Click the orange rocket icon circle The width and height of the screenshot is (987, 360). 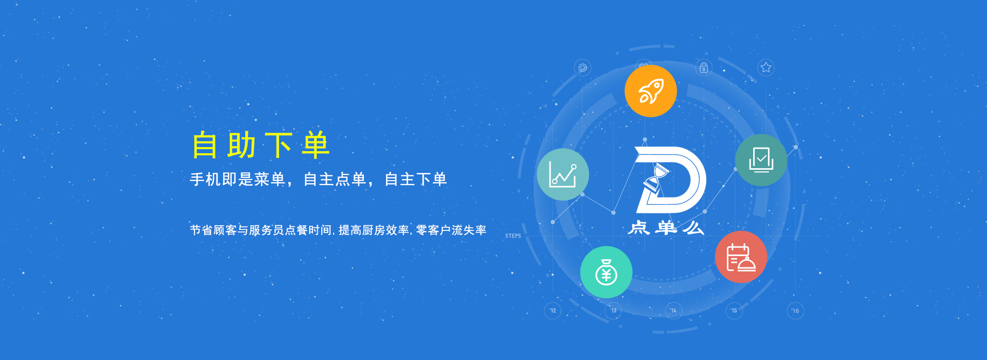pos(650,91)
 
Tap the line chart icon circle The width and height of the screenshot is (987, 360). pos(563,174)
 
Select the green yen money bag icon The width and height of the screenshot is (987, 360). pos(606,272)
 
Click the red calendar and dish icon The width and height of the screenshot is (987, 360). pos(741,257)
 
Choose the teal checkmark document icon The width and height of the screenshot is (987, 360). pos(761,160)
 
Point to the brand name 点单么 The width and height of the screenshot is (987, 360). pos(666,228)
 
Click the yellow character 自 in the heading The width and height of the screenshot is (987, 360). pos(205,145)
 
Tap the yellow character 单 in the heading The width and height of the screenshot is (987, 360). pos(315,145)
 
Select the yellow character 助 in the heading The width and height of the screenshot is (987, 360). pos(242,145)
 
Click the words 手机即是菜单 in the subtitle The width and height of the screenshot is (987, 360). pos(237,179)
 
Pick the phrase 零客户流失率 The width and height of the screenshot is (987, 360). pos(451,230)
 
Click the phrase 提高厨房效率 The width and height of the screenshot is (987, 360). pos(374,230)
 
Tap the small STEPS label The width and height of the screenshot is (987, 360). pos(513,236)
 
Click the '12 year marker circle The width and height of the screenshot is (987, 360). pos(553,311)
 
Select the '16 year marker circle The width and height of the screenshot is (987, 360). pos(795,311)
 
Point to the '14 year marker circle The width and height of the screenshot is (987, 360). pos(673,311)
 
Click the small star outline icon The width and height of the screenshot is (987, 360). pos(766,67)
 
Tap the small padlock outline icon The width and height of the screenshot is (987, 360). pos(704,67)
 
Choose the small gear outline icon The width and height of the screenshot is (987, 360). pos(582,67)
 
